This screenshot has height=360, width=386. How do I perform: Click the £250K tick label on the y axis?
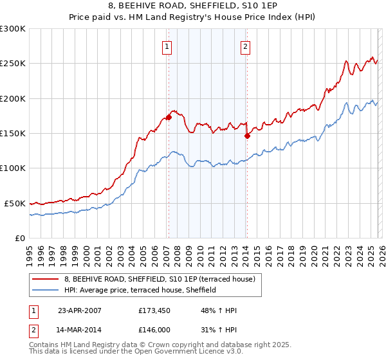click(x=13, y=64)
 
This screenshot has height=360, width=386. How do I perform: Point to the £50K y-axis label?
click(x=15, y=203)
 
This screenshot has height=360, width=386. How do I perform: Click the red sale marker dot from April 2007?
click(x=169, y=117)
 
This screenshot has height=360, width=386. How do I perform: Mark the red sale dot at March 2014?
click(x=247, y=136)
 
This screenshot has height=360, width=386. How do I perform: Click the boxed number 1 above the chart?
click(x=167, y=46)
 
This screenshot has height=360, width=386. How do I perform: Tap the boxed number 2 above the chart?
click(x=246, y=46)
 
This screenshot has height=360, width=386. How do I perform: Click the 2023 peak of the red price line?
click(x=346, y=62)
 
